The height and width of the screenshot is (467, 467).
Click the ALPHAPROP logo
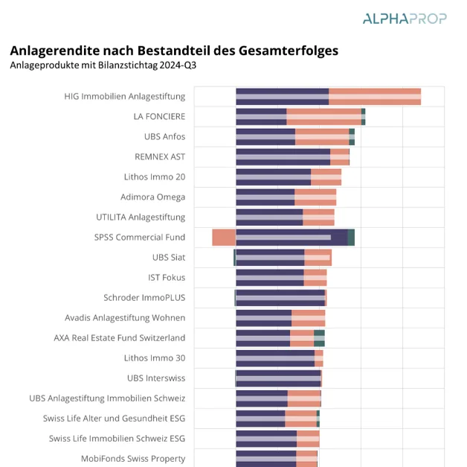[x=404, y=18]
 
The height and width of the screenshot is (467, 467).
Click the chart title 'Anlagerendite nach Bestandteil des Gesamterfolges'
[x=173, y=51]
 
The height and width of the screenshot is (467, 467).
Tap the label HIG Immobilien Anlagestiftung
[x=124, y=96]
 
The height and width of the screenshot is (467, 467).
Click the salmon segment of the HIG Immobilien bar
[x=375, y=96]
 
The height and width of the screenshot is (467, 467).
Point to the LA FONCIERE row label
[x=159, y=116]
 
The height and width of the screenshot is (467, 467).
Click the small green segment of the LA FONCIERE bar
[x=363, y=116]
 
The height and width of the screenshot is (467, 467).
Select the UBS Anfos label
[x=164, y=136]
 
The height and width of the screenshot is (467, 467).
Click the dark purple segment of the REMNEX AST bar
[x=283, y=156]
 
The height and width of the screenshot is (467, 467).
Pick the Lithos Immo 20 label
[x=154, y=177]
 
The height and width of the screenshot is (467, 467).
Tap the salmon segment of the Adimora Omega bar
[x=315, y=197]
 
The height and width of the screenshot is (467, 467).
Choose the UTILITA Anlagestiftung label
[x=141, y=217]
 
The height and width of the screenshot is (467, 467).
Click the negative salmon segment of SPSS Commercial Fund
[x=224, y=237]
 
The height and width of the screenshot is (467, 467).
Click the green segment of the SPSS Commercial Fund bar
[x=351, y=237]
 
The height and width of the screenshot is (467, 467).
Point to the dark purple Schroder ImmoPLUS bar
[x=280, y=297]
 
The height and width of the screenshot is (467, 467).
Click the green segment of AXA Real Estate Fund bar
[x=319, y=337]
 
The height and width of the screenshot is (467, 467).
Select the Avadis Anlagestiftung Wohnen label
[x=125, y=317]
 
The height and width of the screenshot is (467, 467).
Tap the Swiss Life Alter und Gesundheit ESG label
[x=114, y=418]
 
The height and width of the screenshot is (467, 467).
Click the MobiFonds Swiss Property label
[x=133, y=458]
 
